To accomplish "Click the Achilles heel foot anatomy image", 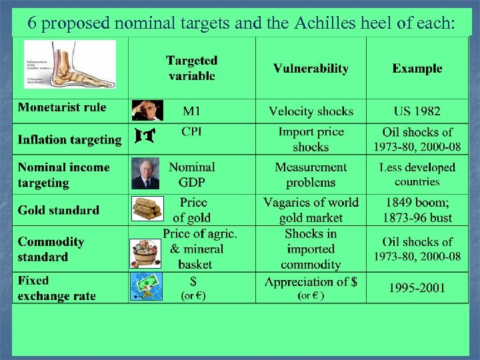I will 70,65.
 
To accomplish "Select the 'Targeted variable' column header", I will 192,68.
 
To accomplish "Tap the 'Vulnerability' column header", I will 311,68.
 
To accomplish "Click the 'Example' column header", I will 417,68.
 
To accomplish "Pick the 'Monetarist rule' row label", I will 62,107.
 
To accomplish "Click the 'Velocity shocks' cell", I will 311,111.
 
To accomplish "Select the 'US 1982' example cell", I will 417,111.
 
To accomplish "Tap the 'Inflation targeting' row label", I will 69,139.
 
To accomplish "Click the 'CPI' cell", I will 192,131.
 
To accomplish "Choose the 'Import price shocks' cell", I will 311,139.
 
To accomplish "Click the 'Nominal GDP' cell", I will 192,175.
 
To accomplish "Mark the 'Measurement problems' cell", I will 311,175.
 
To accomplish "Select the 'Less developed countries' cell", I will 417,175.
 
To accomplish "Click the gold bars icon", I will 146,209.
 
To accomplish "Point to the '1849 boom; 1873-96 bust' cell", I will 417,209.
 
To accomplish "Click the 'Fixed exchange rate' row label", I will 57,288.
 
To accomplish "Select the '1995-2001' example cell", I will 417,288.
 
